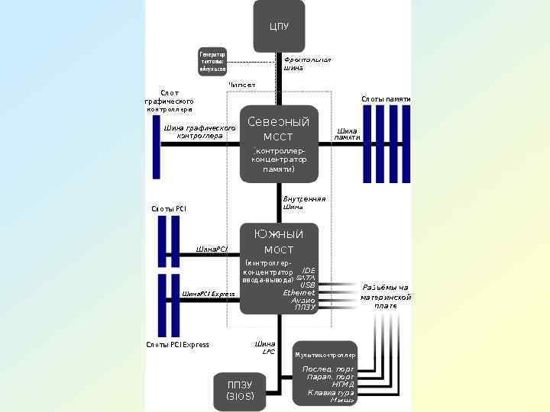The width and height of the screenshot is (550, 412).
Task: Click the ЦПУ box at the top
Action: pyautogui.click(x=279, y=26)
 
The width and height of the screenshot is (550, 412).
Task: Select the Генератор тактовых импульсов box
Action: pyautogui.click(x=212, y=62)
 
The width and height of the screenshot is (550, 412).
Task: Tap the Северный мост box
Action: pyautogui.click(x=279, y=144)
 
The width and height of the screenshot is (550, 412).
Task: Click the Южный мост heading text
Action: pyautogui.click(x=278, y=242)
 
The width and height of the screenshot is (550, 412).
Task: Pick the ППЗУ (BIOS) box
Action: pyautogui.click(x=241, y=390)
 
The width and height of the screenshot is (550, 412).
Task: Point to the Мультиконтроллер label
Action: pyautogui.click(x=325, y=355)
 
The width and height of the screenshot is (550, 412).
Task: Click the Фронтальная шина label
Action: pyautogui.click(x=306, y=63)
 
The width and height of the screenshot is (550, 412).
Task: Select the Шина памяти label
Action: pyautogui.click(x=348, y=134)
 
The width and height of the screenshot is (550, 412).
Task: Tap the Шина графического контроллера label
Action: pyautogui.click(x=199, y=131)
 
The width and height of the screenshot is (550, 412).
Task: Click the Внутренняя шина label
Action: pyautogui.click(x=304, y=203)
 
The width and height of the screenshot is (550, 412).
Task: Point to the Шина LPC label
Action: pyautogui.click(x=266, y=348)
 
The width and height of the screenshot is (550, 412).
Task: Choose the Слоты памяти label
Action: pyautogui.click(x=386, y=99)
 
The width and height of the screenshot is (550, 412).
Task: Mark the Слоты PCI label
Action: pyautogui.click(x=169, y=208)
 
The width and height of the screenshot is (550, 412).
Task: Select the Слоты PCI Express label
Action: pyautogui.click(x=177, y=345)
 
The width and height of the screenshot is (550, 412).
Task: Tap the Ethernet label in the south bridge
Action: pyautogui.click(x=299, y=292)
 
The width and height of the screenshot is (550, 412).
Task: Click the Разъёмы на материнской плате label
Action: pyautogui.click(x=386, y=296)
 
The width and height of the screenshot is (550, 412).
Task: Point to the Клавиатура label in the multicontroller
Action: pyautogui.click(x=331, y=393)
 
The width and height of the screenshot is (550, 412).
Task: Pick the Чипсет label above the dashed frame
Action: pyautogui.click(x=242, y=85)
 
